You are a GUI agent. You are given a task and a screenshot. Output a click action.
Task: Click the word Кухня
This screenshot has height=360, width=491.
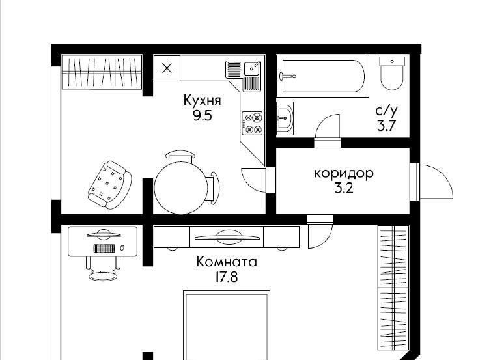point(203,100)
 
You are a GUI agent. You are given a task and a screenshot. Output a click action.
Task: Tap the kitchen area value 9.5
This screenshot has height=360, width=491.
point(203,116)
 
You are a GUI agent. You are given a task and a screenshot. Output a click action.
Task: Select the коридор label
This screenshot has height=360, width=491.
point(344,174)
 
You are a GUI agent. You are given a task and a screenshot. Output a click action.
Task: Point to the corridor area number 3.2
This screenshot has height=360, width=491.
point(344,188)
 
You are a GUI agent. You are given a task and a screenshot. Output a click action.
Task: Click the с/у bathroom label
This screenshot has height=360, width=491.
point(386,111)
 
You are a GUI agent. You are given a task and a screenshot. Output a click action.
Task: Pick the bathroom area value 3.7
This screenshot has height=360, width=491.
point(387,126)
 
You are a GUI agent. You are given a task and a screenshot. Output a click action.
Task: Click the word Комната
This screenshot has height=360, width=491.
point(227,262)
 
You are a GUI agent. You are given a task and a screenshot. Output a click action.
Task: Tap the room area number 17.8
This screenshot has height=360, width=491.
point(227,277)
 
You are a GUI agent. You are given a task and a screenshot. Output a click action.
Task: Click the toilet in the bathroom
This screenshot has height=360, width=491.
point(392,73)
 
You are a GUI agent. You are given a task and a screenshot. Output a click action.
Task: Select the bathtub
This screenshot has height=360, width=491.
point(323,76)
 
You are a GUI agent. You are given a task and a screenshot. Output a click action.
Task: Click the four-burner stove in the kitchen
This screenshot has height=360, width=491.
point(252,123)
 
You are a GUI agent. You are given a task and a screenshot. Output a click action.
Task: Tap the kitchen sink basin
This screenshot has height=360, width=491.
point(252,68)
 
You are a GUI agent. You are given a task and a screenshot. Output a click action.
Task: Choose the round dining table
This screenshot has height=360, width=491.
point(180,188)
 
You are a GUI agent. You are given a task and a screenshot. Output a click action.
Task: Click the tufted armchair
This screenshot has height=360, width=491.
point(109,185)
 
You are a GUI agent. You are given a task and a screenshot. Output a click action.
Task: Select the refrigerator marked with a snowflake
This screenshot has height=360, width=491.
point(167,68)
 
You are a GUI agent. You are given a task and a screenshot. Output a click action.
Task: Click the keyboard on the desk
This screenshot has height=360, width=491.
point(104,249)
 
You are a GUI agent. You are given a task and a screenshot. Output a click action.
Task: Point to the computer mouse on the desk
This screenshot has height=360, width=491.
point(122,248)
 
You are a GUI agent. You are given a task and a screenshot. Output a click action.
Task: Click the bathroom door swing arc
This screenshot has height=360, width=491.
point(328,126)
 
